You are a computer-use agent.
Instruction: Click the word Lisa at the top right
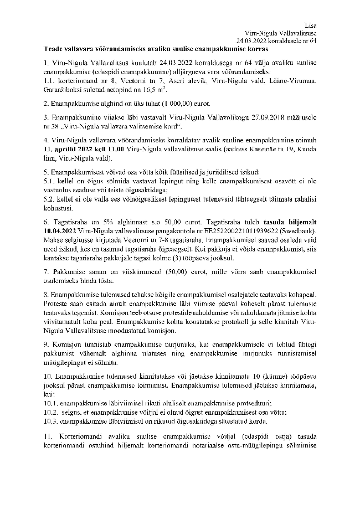[310, 25]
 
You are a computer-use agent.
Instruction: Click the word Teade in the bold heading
[55, 49]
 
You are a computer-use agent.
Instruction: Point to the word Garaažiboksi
[63, 89]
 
